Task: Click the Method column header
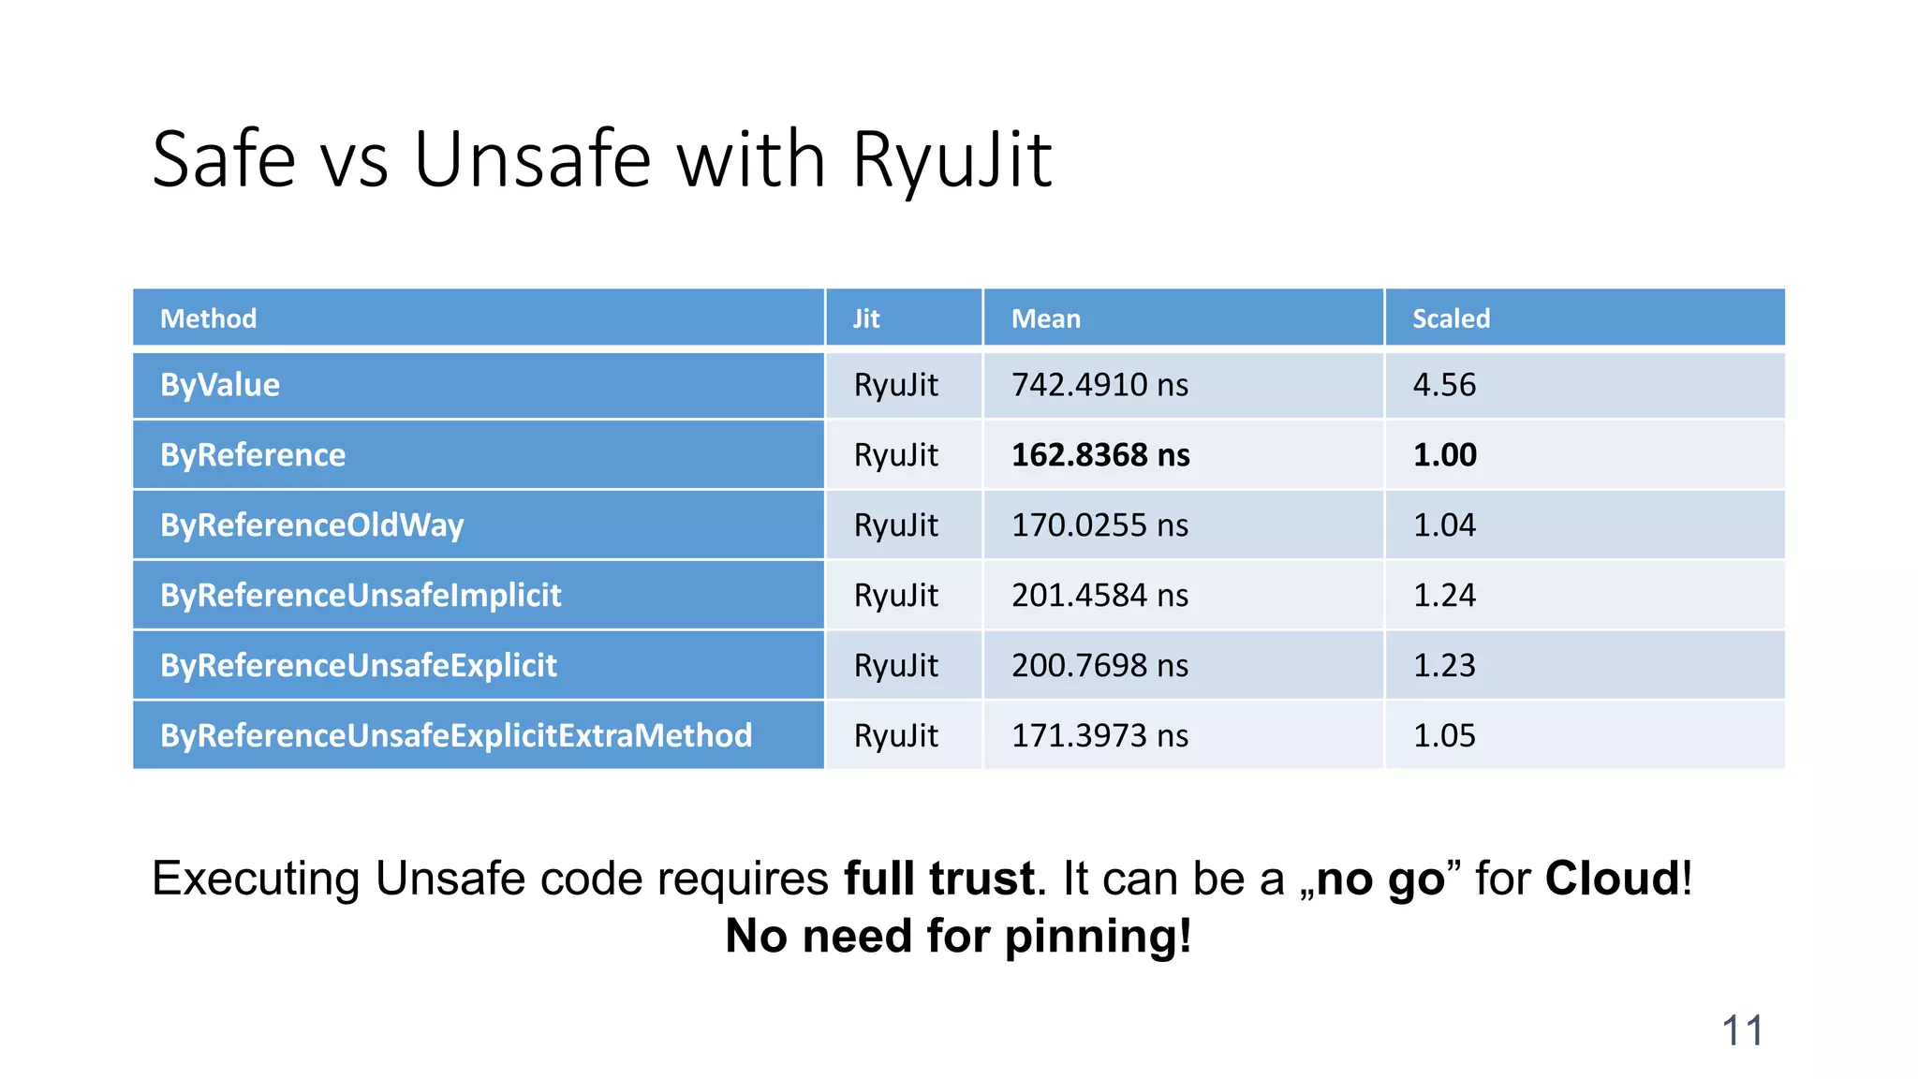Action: tap(208, 318)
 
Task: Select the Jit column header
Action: tap(865, 318)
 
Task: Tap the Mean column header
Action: tap(1045, 318)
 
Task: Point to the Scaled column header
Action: tap(1451, 318)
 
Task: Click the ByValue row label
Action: tap(220, 385)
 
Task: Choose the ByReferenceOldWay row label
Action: tap(312, 525)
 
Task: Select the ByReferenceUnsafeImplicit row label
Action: tap(361, 596)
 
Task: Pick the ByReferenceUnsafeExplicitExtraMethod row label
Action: tap(456, 736)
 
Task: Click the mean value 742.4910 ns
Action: tap(1099, 385)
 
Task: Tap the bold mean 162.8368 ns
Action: tap(1100, 455)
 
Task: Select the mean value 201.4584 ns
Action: tap(1099, 596)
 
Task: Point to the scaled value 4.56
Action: tap(1444, 385)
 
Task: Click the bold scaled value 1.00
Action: tap(1444, 455)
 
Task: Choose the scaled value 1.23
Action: tap(1444, 666)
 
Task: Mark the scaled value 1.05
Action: tap(1444, 736)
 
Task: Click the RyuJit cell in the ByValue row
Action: tap(895, 385)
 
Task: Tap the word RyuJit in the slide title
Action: tap(952, 160)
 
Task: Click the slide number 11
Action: tap(1742, 1031)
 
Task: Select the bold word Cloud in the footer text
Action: tap(1613, 879)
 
